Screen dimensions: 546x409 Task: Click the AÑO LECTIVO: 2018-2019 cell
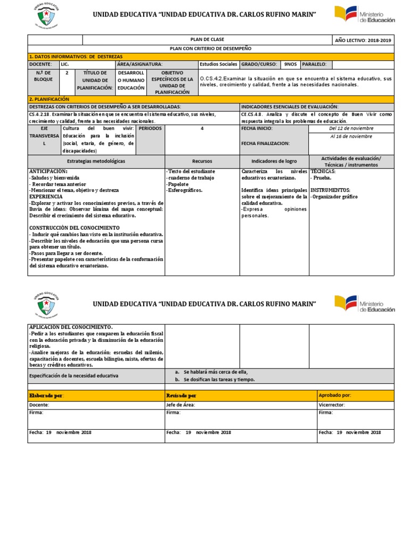(363, 40)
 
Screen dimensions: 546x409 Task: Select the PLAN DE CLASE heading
(207, 40)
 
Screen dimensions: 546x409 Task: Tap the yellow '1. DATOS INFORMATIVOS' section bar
(210, 56)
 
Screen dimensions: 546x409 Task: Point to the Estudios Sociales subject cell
(218, 64)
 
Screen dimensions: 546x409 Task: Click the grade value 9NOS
(290, 64)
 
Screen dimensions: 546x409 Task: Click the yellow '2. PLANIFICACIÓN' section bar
(210, 99)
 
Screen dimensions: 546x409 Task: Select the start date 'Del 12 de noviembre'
(351, 129)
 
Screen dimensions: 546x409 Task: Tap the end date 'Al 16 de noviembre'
(351, 136)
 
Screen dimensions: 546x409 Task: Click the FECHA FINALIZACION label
(265, 143)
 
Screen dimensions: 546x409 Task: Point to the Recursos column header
(202, 161)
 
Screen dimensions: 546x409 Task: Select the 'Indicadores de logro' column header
(274, 161)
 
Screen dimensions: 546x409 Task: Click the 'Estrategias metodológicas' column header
(96, 161)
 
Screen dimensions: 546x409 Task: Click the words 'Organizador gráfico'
(336, 197)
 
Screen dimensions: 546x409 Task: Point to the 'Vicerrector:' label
(332, 405)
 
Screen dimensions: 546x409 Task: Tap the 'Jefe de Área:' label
(181, 405)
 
